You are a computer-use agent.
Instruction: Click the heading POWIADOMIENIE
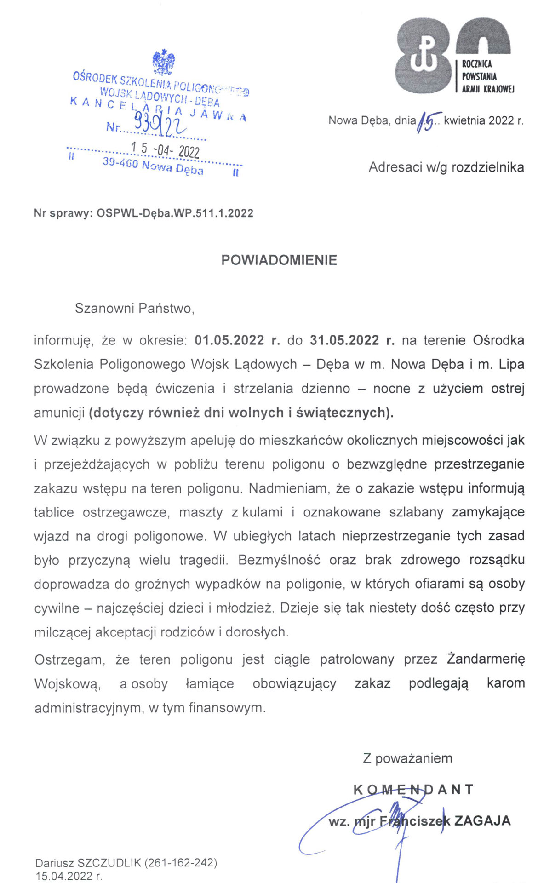point(279,260)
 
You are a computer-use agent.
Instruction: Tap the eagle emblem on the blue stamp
point(163,62)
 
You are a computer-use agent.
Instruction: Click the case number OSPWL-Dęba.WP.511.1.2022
point(175,213)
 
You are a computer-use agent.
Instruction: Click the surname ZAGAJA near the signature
point(482,821)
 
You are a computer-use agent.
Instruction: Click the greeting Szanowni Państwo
point(134,308)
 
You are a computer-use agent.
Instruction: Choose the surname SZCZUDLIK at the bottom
point(109,863)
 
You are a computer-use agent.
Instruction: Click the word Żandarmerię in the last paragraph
point(486,659)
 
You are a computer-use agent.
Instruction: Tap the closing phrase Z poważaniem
point(407,758)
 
